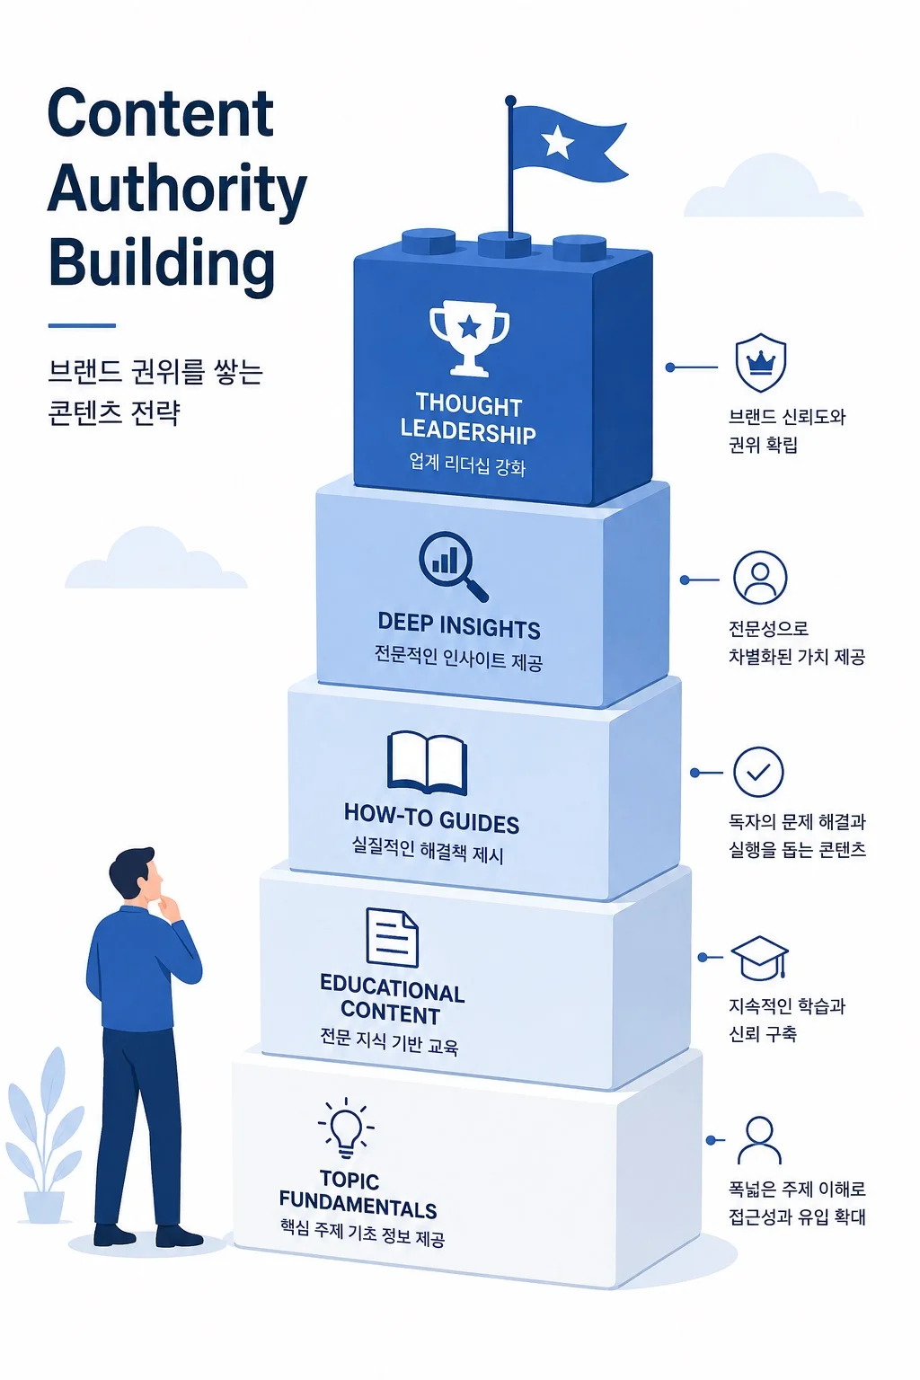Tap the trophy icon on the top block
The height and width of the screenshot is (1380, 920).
coord(470,338)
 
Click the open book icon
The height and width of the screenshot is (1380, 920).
coord(427,763)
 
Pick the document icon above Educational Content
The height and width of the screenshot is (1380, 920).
coord(392,938)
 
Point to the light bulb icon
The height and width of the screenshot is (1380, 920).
coord(346,1128)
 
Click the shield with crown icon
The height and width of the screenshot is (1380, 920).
coord(760,363)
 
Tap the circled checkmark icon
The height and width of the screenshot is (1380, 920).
coord(758,772)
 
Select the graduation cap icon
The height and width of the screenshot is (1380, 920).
coord(760,959)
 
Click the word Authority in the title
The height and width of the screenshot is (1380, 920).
coord(177,190)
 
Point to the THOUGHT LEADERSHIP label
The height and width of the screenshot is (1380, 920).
coord(468,419)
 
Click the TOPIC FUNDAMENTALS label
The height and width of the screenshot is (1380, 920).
coord(358,1195)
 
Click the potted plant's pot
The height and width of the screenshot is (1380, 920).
coord(44,1208)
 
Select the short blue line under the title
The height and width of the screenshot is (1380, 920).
coord(82,325)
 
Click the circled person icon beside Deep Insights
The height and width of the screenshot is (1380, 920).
coord(760,578)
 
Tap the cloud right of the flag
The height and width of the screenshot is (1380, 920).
coord(774,186)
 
